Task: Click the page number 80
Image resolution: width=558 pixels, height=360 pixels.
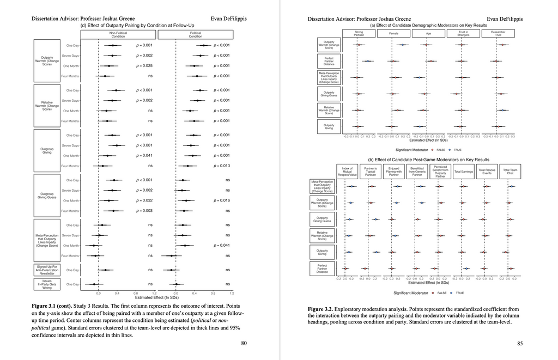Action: tap(244, 344)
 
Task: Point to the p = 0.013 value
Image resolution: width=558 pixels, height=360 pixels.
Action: tap(222, 166)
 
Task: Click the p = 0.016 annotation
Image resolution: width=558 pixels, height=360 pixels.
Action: tap(222, 200)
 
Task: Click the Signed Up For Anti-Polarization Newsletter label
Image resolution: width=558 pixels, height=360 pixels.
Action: tap(51, 270)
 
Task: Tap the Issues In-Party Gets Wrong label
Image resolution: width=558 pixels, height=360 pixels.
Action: tap(51, 284)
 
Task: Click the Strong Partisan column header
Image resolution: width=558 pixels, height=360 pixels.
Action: tap(358, 34)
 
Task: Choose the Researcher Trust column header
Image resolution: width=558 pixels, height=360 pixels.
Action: tap(498, 34)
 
